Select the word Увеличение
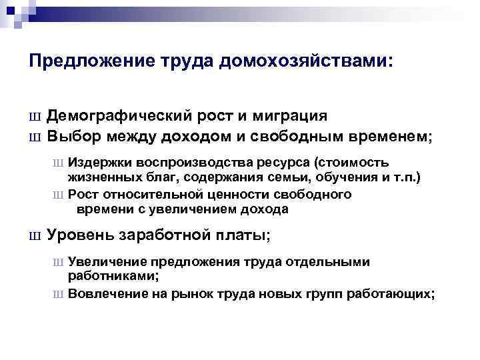[x=107, y=262]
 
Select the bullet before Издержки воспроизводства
[x=59, y=163]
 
